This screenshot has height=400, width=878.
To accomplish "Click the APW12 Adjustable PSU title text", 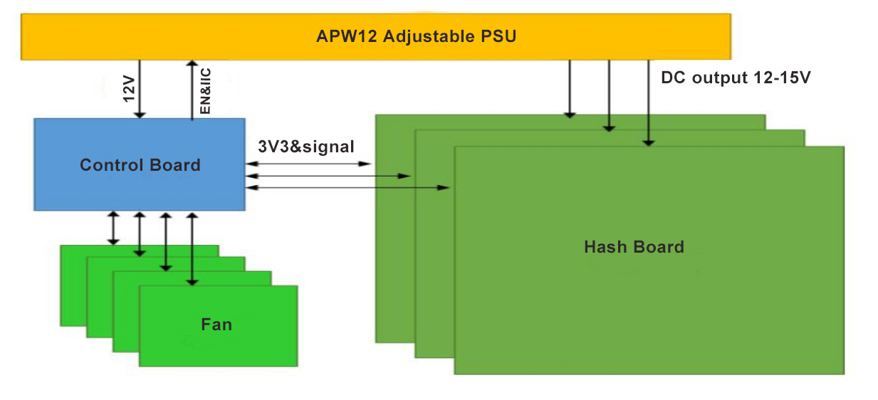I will pos(416,36).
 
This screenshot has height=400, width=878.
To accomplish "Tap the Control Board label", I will pos(140,165).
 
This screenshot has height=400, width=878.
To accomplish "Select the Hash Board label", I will pos(634,247).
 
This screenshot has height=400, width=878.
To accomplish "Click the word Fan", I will pos(216,325).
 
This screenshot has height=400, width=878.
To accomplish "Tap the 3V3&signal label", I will pos(306,147).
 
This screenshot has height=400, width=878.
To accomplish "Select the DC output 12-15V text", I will pos(736,78).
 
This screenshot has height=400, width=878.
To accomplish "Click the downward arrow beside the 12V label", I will pos(140,89).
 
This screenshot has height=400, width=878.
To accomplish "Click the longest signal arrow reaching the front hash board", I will pos(349,187).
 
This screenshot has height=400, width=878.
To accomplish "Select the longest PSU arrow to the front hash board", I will pos(648,103).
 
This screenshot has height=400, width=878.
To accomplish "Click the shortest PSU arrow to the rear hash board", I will pos(569,88).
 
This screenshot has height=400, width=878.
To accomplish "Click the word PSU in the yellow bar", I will pos(498,36).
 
